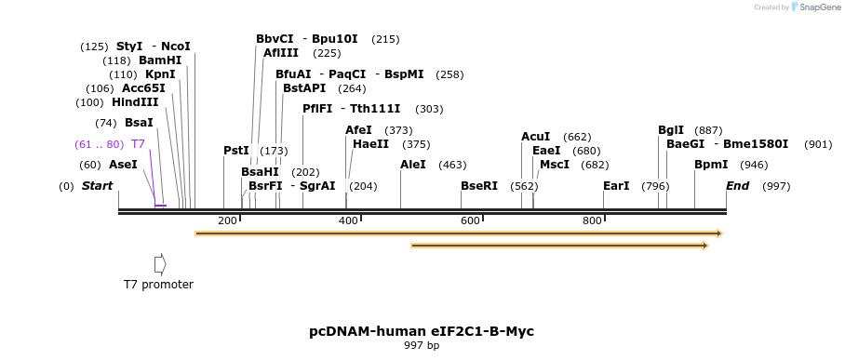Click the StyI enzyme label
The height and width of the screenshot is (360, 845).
(129, 47)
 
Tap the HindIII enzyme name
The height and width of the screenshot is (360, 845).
(135, 102)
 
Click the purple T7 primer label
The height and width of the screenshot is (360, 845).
(138, 144)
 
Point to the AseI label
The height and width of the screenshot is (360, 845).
(123, 165)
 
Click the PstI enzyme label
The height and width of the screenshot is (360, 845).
(236, 151)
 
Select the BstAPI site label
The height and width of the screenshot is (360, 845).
(304, 88)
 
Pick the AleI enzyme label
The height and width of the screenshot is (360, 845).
(413, 165)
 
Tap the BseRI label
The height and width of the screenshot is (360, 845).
(479, 186)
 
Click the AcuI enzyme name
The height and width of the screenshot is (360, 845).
(535, 137)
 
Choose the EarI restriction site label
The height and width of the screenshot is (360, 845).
(616, 186)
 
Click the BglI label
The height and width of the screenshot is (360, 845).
(671, 130)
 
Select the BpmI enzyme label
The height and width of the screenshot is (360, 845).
(711, 165)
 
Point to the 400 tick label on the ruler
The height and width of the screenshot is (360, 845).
(348, 220)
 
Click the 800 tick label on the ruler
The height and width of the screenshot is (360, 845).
(592, 220)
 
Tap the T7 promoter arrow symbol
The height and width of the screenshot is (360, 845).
(160, 264)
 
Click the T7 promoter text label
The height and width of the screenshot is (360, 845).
(158, 285)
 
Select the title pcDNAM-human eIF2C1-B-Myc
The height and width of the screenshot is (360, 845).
(422, 331)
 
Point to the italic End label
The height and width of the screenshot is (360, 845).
(737, 186)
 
